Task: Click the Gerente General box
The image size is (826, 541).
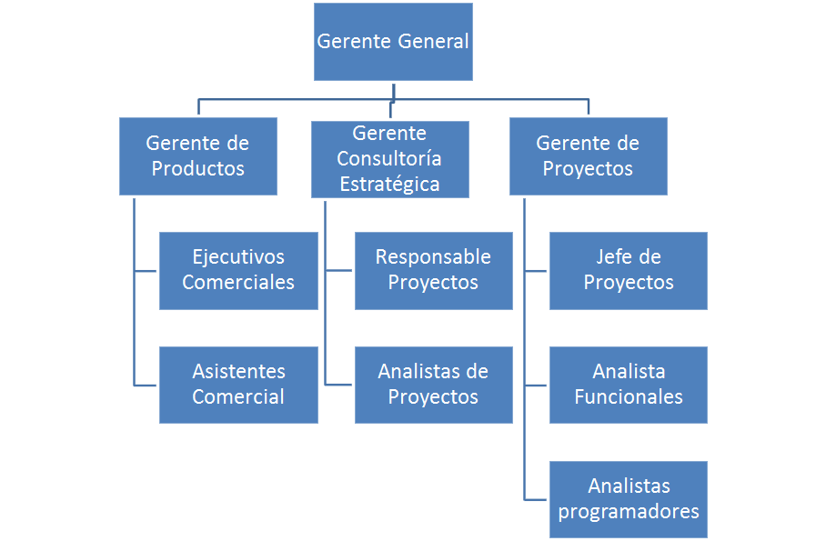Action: click(x=393, y=42)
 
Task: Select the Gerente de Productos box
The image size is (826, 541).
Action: click(x=197, y=155)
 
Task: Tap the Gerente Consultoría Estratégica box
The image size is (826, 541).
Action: click(x=389, y=159)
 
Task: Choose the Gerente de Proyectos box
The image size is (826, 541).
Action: click(x=588, y=155)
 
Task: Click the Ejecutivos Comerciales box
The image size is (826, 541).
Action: click(x=238, y=270)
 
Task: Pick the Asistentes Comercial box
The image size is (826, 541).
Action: click(x=238, y=385)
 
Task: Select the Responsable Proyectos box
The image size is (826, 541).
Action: click(x=433, y=270)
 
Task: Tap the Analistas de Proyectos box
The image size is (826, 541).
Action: click(x=433, y=385)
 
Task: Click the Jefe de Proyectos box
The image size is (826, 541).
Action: click(x=629, y=270)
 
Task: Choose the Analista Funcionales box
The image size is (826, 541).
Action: click(x=629, y=385)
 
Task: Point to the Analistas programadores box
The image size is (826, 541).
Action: click(x=629, y=499)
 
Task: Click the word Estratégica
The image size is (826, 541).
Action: click(x=389, y=185)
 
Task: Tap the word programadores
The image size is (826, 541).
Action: click(x=629, y=512)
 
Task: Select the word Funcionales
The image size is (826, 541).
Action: click(x=629, y=397)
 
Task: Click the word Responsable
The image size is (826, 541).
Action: click(x=433, y=257)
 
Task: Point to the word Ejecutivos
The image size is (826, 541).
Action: click(x=238, y=257)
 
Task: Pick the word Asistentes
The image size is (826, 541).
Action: click(x=238, y=372)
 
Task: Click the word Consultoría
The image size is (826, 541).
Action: click(x=389, y=159)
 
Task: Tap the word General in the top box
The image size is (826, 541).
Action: click(x=433, y=42)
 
